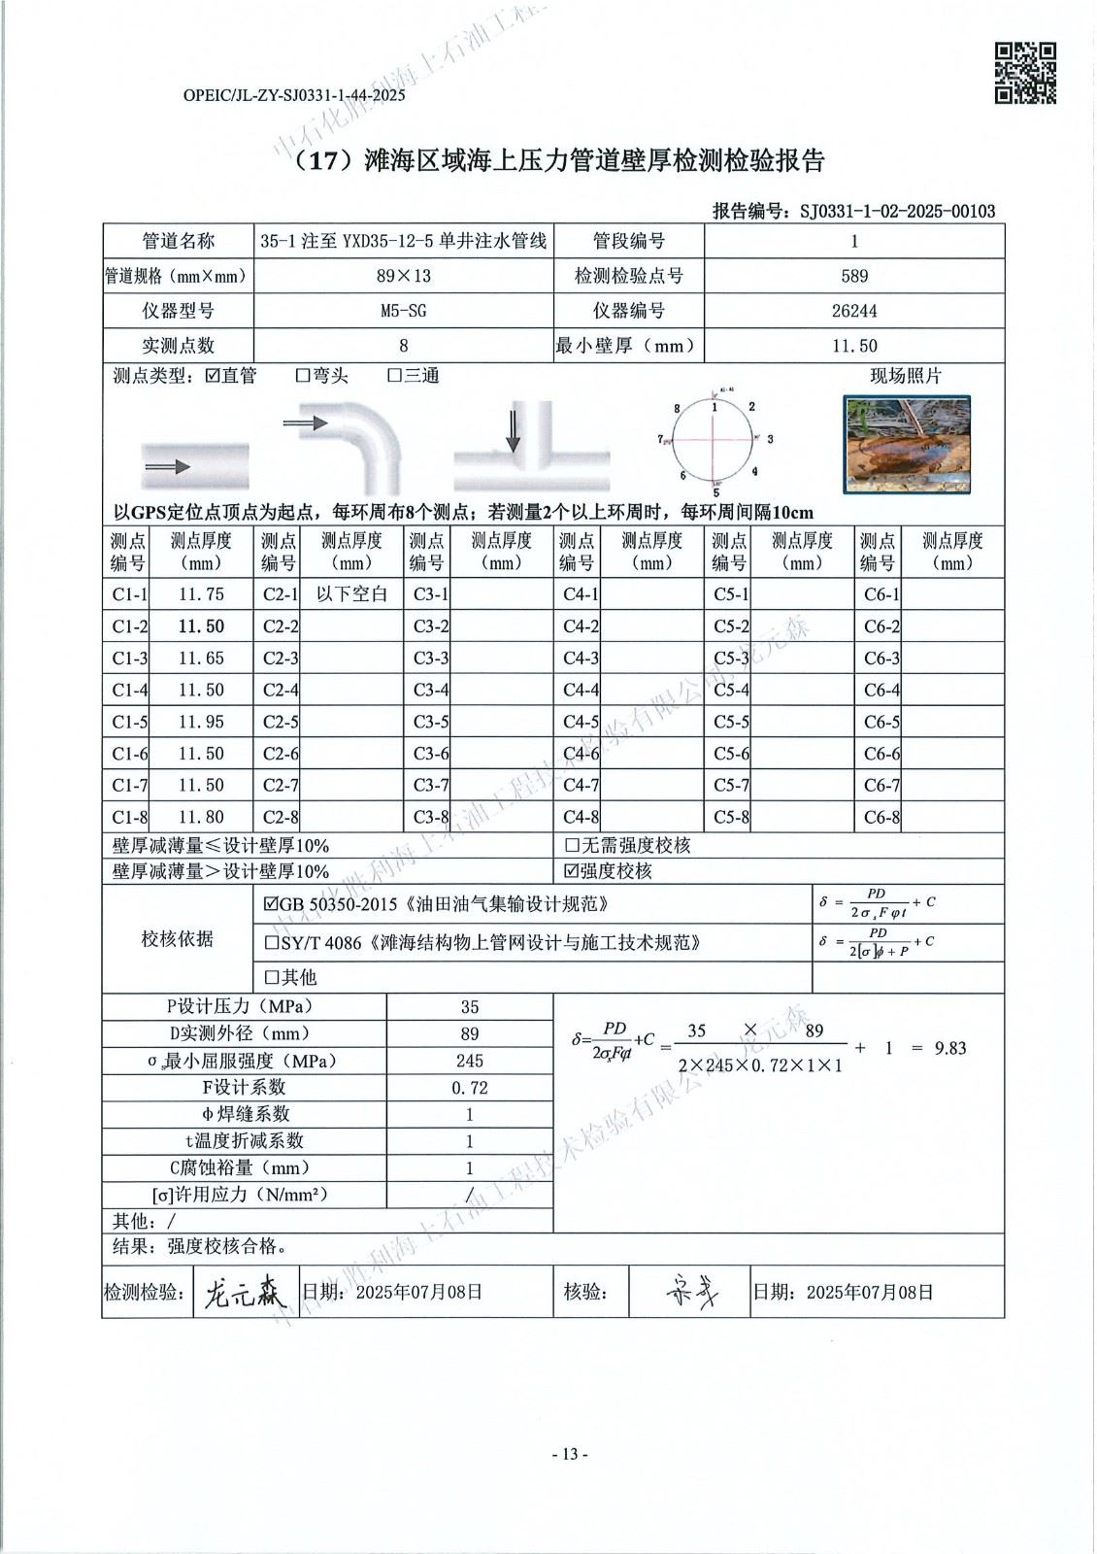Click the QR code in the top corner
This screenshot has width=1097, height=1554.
point(1026,73)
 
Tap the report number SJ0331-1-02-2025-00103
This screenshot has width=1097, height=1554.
point(897,211)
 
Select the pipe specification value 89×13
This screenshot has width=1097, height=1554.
point(403,276)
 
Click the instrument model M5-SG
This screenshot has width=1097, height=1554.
point(403,311)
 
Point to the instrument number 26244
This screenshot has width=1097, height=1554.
point(853,311)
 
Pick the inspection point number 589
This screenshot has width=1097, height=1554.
point(853,276)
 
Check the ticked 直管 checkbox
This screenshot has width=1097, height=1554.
point(213,376)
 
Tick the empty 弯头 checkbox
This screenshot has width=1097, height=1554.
point(303,376)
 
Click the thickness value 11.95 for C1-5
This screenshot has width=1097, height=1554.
point(201,722)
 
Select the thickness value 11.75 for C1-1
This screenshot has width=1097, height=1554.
point(201,594)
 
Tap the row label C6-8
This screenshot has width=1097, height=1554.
point(881,818)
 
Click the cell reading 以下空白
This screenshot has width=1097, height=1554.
point(351,594)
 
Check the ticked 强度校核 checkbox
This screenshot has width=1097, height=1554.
point(572,871)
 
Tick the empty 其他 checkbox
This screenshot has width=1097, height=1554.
point(272,977)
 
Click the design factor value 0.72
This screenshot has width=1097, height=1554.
point(470,1088)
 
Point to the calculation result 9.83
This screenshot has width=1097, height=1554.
point(949,1048)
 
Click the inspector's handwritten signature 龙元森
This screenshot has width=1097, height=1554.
point(242,1293)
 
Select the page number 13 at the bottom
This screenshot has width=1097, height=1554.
point(570,1454)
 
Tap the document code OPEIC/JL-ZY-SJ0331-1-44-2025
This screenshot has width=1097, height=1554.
point(294,95)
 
